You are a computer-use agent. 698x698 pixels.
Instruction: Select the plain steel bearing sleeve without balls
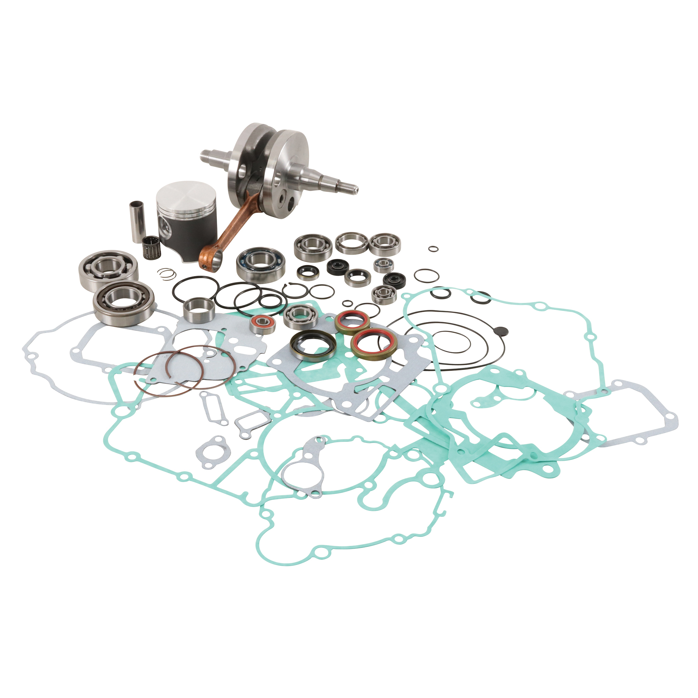click(x=198, y=309)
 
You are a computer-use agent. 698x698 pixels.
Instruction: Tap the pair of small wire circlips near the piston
click(x=165, y=275)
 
